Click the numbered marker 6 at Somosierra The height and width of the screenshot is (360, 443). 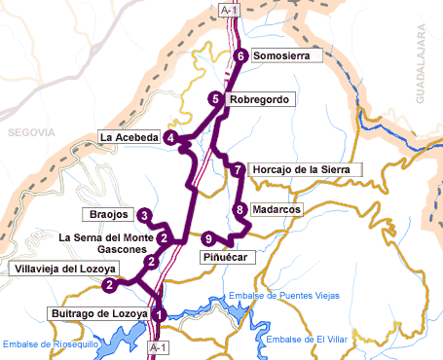240,56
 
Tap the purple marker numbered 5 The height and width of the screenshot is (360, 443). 215,99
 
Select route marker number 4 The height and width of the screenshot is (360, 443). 171,138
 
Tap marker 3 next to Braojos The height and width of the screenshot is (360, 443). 144,215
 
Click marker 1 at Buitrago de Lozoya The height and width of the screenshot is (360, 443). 159,313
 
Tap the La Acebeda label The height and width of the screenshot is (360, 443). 129,138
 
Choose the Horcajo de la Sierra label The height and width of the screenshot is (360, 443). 306,170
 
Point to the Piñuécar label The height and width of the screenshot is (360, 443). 228,257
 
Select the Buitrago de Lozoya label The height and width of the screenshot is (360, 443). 97,313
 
